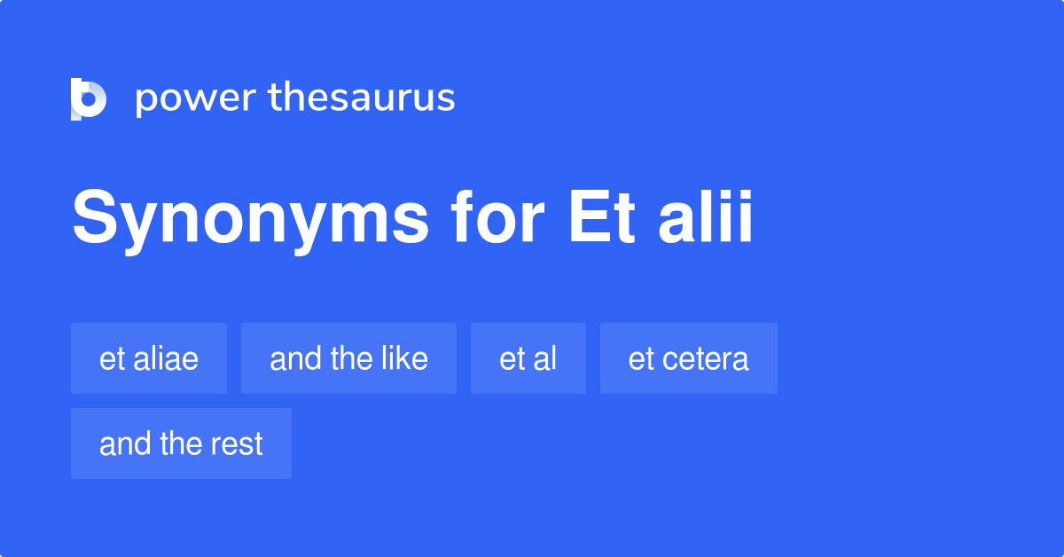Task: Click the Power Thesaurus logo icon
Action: point(89,98)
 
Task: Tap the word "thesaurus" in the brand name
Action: point(362,98)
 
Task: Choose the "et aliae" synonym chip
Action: point(149,358)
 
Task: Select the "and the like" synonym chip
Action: point(348,358)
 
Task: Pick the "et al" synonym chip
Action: point(528,358)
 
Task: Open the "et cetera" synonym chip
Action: point(689,358)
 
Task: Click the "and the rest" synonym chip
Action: point(181,443)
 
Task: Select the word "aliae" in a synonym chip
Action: point(165,358)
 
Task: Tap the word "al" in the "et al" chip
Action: point(544,358)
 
